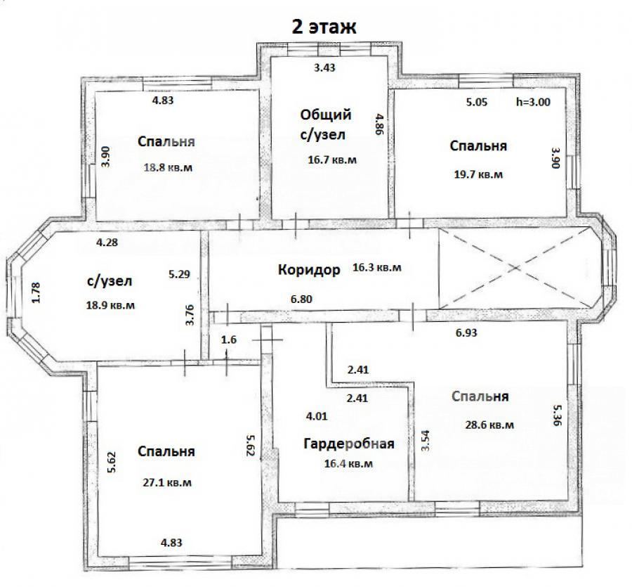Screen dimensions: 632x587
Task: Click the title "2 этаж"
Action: pos(324,27)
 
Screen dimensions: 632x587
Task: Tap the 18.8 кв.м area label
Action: pos(168,167)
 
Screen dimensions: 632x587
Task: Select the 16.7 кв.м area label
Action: pos(332,160)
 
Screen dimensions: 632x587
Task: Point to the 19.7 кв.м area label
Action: pos(478,174)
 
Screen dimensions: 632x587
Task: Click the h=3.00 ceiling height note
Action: pos(533,102)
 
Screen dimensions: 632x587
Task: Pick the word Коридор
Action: pos(309,269)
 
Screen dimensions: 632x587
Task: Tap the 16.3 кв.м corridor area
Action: pos(377,267)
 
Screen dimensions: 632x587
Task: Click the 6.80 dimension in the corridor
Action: pos(301,299)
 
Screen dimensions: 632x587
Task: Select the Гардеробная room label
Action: pos(348,444)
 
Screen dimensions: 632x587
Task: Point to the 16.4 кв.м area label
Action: pos(348,463)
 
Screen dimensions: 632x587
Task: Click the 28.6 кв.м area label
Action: pos(489,425)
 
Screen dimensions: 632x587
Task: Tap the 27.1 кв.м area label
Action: pos(167,482)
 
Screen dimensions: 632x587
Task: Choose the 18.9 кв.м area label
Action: pos(110,305)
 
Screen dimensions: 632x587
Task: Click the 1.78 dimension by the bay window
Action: pos(37,293)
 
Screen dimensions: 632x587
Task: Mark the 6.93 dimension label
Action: pos(466,333)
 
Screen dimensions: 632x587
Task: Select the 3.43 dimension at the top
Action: pos(324,67)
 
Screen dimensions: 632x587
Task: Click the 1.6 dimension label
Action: pos(229,340)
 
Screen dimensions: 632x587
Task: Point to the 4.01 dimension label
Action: pos(317,416)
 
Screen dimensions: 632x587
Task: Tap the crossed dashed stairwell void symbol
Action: pos(514,267)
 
